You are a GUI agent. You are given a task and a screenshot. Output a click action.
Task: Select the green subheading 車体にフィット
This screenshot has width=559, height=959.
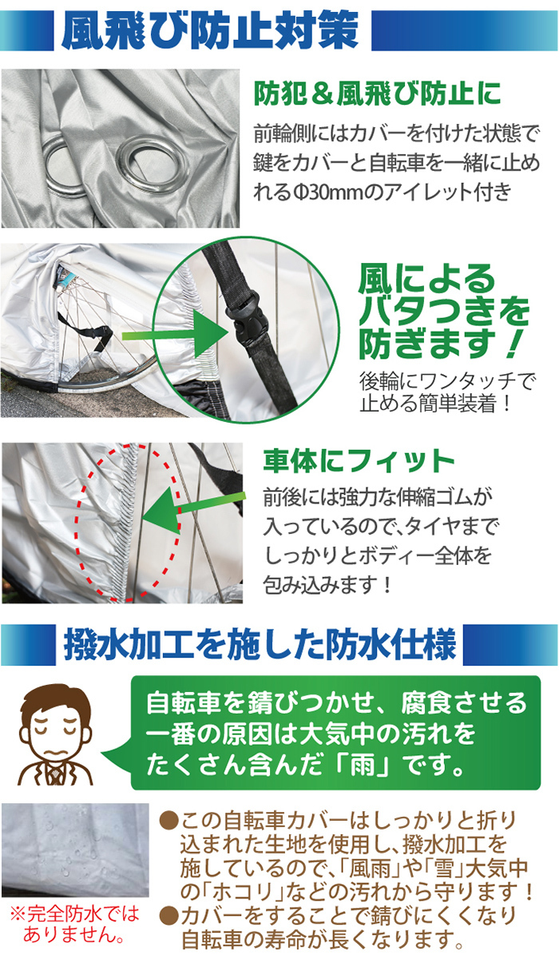pyautogui.click(x=359, y=460)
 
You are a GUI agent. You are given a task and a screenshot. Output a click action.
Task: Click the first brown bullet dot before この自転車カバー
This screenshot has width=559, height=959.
pyautogui.click(x=168, y=821)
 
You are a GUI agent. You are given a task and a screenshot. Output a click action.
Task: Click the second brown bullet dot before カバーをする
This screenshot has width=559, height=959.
pyautogui.click(x=168, y=915)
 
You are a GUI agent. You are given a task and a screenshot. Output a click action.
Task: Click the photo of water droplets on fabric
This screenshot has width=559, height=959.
pyautogui.click(x=75, y=850)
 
